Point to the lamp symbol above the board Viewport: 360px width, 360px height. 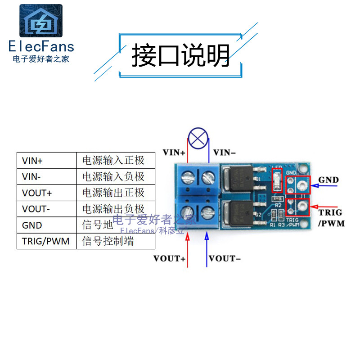click(x=198, y=138)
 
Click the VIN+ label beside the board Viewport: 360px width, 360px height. click(x=174, y=153)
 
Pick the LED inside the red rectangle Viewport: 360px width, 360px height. click(x=277, y=180)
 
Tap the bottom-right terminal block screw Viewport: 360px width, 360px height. click(x=207, y=211)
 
